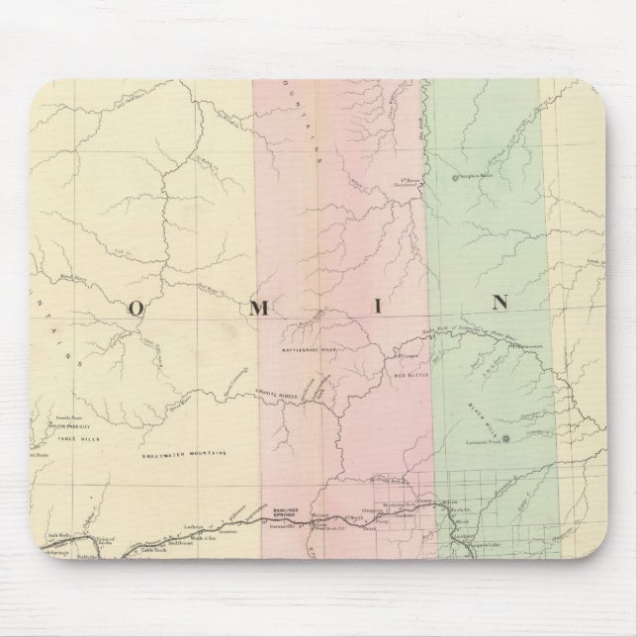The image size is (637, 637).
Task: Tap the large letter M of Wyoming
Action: [x=259, y=306]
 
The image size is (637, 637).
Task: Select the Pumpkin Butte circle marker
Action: [x=456, y=178]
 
